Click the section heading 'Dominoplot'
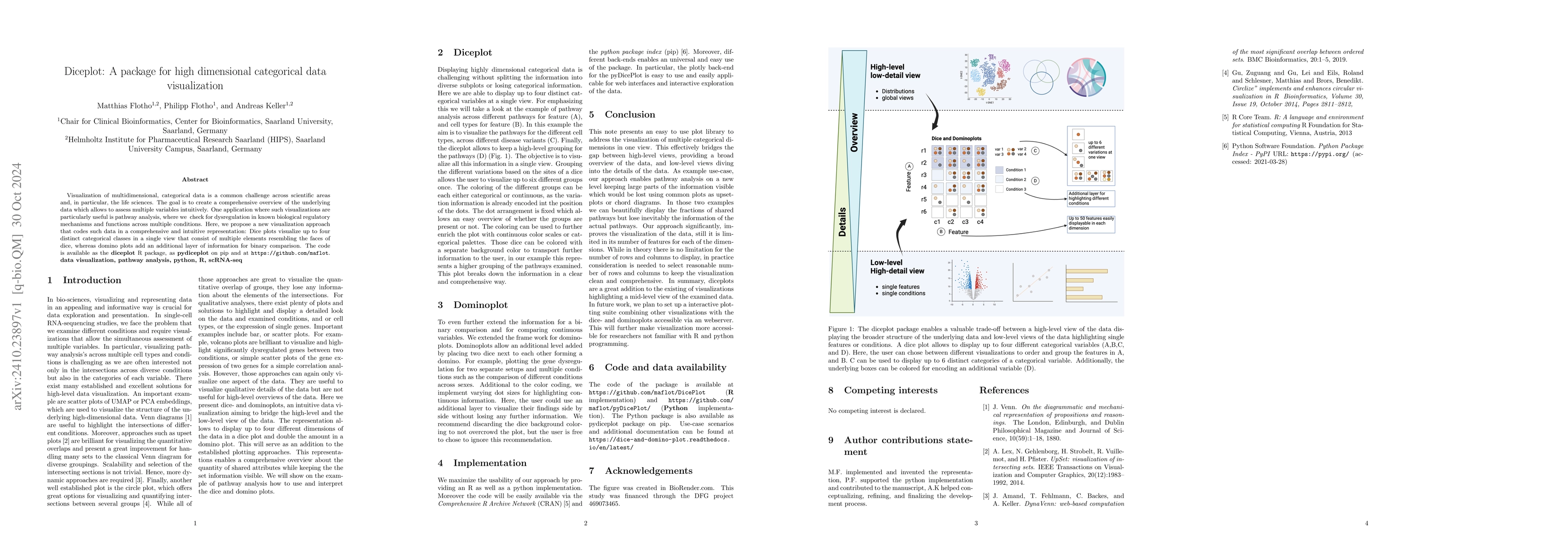(x=480, y=305)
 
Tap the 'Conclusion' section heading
(x=630, y=114)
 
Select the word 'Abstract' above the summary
(x=195, y=180)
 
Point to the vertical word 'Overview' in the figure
(x=854, y=132)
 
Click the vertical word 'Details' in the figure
(x=842, y=222)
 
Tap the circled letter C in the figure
(x=1035, y=151)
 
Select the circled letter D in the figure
(x=1035, y=180)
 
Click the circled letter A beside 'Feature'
(x=909, y=166)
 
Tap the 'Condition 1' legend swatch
(x=999, y=170)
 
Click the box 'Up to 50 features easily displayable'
(x=1091, y=224)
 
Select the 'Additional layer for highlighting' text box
(x=1091, y=199)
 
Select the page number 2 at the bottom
(x=585, y=523)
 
